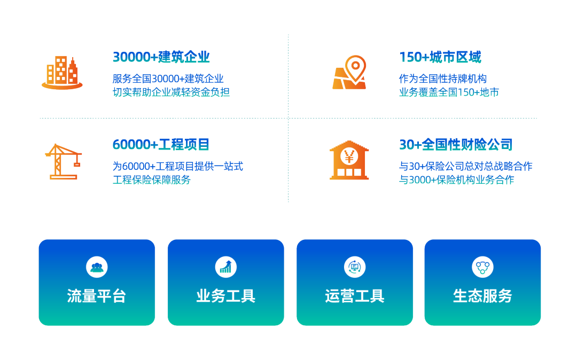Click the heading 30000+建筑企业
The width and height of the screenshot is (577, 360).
[161, 57]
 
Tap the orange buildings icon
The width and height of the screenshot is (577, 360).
[62, 73]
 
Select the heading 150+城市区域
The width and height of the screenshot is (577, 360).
[440, 57]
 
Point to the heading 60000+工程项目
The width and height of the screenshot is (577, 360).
[161, 144]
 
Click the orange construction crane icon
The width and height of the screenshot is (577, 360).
[63, 160]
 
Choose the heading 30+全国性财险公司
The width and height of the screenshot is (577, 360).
[456, 144]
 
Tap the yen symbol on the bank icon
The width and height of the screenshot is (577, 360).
[349, 156]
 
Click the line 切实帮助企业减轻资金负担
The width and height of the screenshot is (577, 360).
[171, 92]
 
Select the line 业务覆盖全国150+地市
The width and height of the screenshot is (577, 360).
[449, 92]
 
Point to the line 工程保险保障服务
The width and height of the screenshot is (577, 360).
[152, 180]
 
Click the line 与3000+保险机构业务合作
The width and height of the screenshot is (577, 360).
[456, 180]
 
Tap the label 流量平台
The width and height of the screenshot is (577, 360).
[97, 296]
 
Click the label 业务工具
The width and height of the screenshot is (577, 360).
[225, 296]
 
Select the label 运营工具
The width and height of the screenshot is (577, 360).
[354, 296]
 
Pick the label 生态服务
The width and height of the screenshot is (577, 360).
[482, 296]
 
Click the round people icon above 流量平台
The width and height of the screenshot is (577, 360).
[97, 267]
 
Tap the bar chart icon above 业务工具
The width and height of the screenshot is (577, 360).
[225, 267]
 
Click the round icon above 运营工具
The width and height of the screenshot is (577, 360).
[354, 267]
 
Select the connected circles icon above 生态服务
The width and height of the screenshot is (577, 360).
[482, 267]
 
